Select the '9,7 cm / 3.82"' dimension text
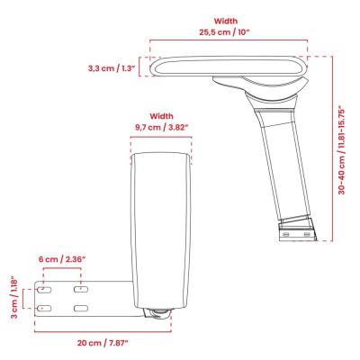pos(162,128)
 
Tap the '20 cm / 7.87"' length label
pos(103,343)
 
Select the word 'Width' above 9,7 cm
pos(162,116)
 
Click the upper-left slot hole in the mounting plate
pos(42,290)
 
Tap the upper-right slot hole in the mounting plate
pos(79,290)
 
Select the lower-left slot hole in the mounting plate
pos(42,308)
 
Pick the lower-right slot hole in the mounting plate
pos(79,308)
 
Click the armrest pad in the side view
pos(229,67)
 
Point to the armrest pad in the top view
pos(162,225)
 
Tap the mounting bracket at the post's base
pos(298,229)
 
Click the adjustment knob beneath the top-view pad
pos(159,314)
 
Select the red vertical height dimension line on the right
pos(332,148)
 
